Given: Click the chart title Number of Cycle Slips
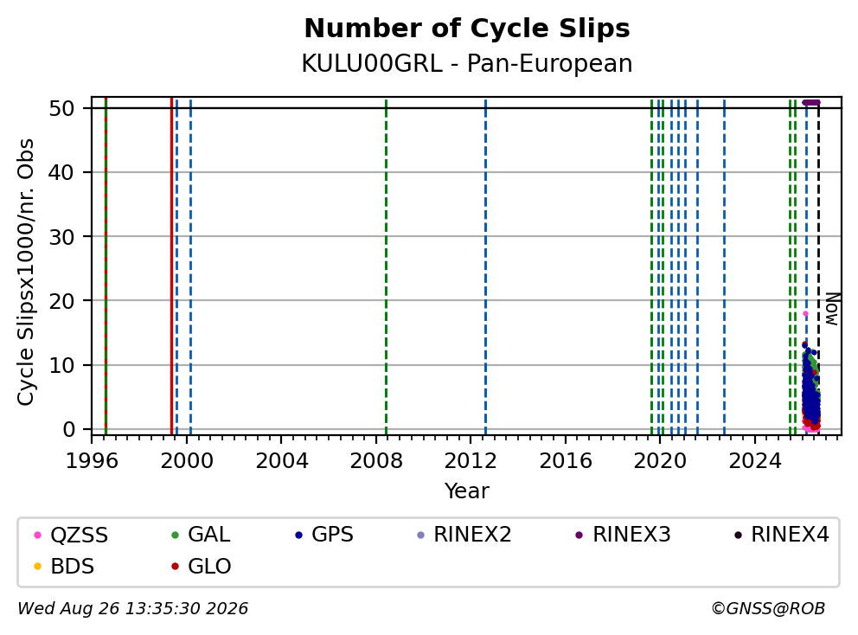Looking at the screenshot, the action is point(467,29).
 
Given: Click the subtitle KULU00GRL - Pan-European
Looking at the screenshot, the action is point(467,63).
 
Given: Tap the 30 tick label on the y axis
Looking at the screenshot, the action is point(61,236).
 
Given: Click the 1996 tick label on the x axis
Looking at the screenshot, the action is point(92,461).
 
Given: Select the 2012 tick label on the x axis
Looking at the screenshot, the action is point(471,461).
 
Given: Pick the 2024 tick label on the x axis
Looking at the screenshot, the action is point(755,461).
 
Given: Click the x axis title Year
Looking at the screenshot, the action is point(467,491).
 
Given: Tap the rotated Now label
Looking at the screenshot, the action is point(832,310).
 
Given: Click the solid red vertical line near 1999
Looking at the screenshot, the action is point(172,266).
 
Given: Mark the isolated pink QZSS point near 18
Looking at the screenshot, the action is point(805,314).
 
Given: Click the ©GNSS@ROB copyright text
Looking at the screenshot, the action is point(768,609).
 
